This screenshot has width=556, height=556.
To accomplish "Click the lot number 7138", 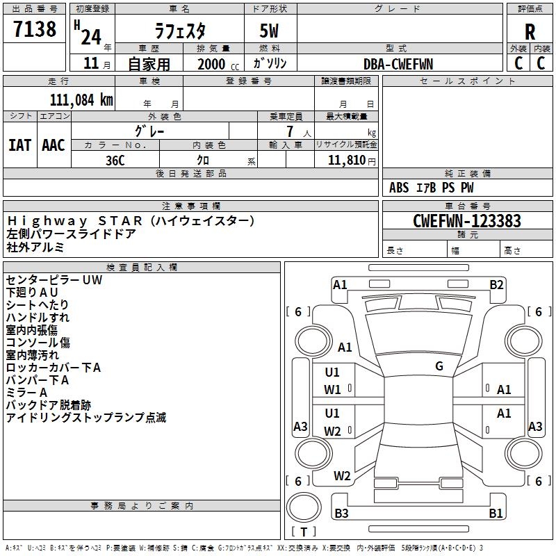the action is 35,30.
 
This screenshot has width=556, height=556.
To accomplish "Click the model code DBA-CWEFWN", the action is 398,64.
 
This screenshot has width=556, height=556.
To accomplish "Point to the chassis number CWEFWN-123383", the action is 467,221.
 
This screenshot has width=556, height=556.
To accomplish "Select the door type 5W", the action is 270,31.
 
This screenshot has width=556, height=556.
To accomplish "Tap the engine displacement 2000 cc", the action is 212,64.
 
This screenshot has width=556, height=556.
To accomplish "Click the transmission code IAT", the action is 20,145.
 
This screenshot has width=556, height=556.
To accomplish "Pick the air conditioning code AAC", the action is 54,145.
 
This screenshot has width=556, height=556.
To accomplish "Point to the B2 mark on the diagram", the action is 496,284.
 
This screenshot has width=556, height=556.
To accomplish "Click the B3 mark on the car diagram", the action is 341,514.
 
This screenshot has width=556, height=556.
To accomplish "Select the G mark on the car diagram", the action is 439,366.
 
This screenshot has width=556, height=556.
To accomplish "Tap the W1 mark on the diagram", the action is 332,390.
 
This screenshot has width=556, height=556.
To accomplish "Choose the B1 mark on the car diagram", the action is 496,514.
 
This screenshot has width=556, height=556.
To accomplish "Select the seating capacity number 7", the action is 289,131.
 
